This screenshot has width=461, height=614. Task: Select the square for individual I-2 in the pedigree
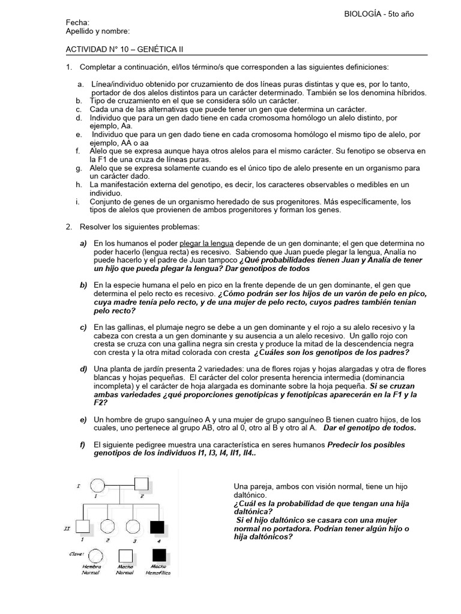tap(142, 484)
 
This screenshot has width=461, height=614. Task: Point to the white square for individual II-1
tap(84, 526)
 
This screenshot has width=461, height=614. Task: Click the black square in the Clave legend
tap(157, 555)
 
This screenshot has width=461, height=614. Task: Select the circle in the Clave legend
tap(91, 555)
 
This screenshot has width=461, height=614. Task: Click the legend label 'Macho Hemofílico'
tap(158, 570)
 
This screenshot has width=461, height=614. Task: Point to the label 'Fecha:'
tap(77, 23)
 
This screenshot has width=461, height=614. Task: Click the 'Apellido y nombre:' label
tap(97, 31)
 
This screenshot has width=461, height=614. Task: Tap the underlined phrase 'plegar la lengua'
tap(198, 243)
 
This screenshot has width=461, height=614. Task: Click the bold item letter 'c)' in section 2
tap(83, 327)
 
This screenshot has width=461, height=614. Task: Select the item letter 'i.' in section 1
tap(78, 202)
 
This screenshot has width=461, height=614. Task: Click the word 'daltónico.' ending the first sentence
tap(252, 495)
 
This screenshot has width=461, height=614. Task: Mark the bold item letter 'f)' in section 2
tap(82, 444)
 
